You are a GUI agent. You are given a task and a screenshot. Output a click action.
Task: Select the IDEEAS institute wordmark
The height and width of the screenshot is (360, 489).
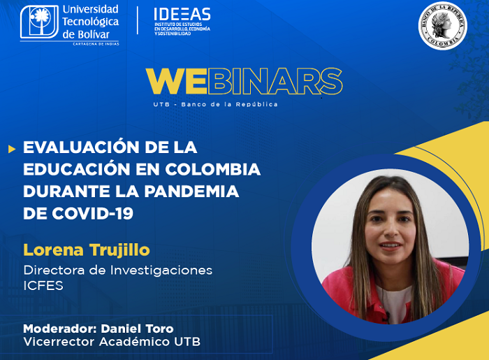(x=182, y=15)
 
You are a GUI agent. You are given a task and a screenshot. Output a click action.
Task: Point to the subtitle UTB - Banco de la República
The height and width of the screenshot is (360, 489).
(x=215, y=105)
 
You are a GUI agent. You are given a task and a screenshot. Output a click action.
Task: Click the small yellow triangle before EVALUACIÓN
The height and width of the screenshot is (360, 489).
(x=11, y=148)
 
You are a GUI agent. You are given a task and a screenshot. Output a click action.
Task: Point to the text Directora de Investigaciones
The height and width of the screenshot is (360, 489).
(x=117, y=270)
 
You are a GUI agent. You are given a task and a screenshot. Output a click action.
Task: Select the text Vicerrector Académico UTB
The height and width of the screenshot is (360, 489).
(x=112, y=342)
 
